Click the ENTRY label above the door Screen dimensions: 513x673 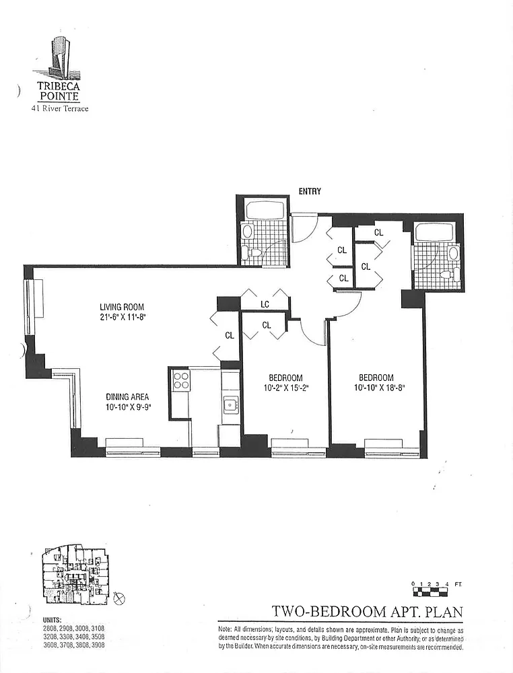tap(310, 191)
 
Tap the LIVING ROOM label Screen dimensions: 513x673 tap(122, 307)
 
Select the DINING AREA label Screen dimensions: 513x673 tap(127, 397)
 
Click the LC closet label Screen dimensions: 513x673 tap(265, 304)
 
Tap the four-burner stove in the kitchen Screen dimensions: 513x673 tap(180, 380)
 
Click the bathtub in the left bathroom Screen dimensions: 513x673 tap(263, 209)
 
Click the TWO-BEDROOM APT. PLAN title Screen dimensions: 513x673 tap(368, 611)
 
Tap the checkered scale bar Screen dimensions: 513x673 tap(432, 592)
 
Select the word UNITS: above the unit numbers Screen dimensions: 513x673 tap(53, 621)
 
